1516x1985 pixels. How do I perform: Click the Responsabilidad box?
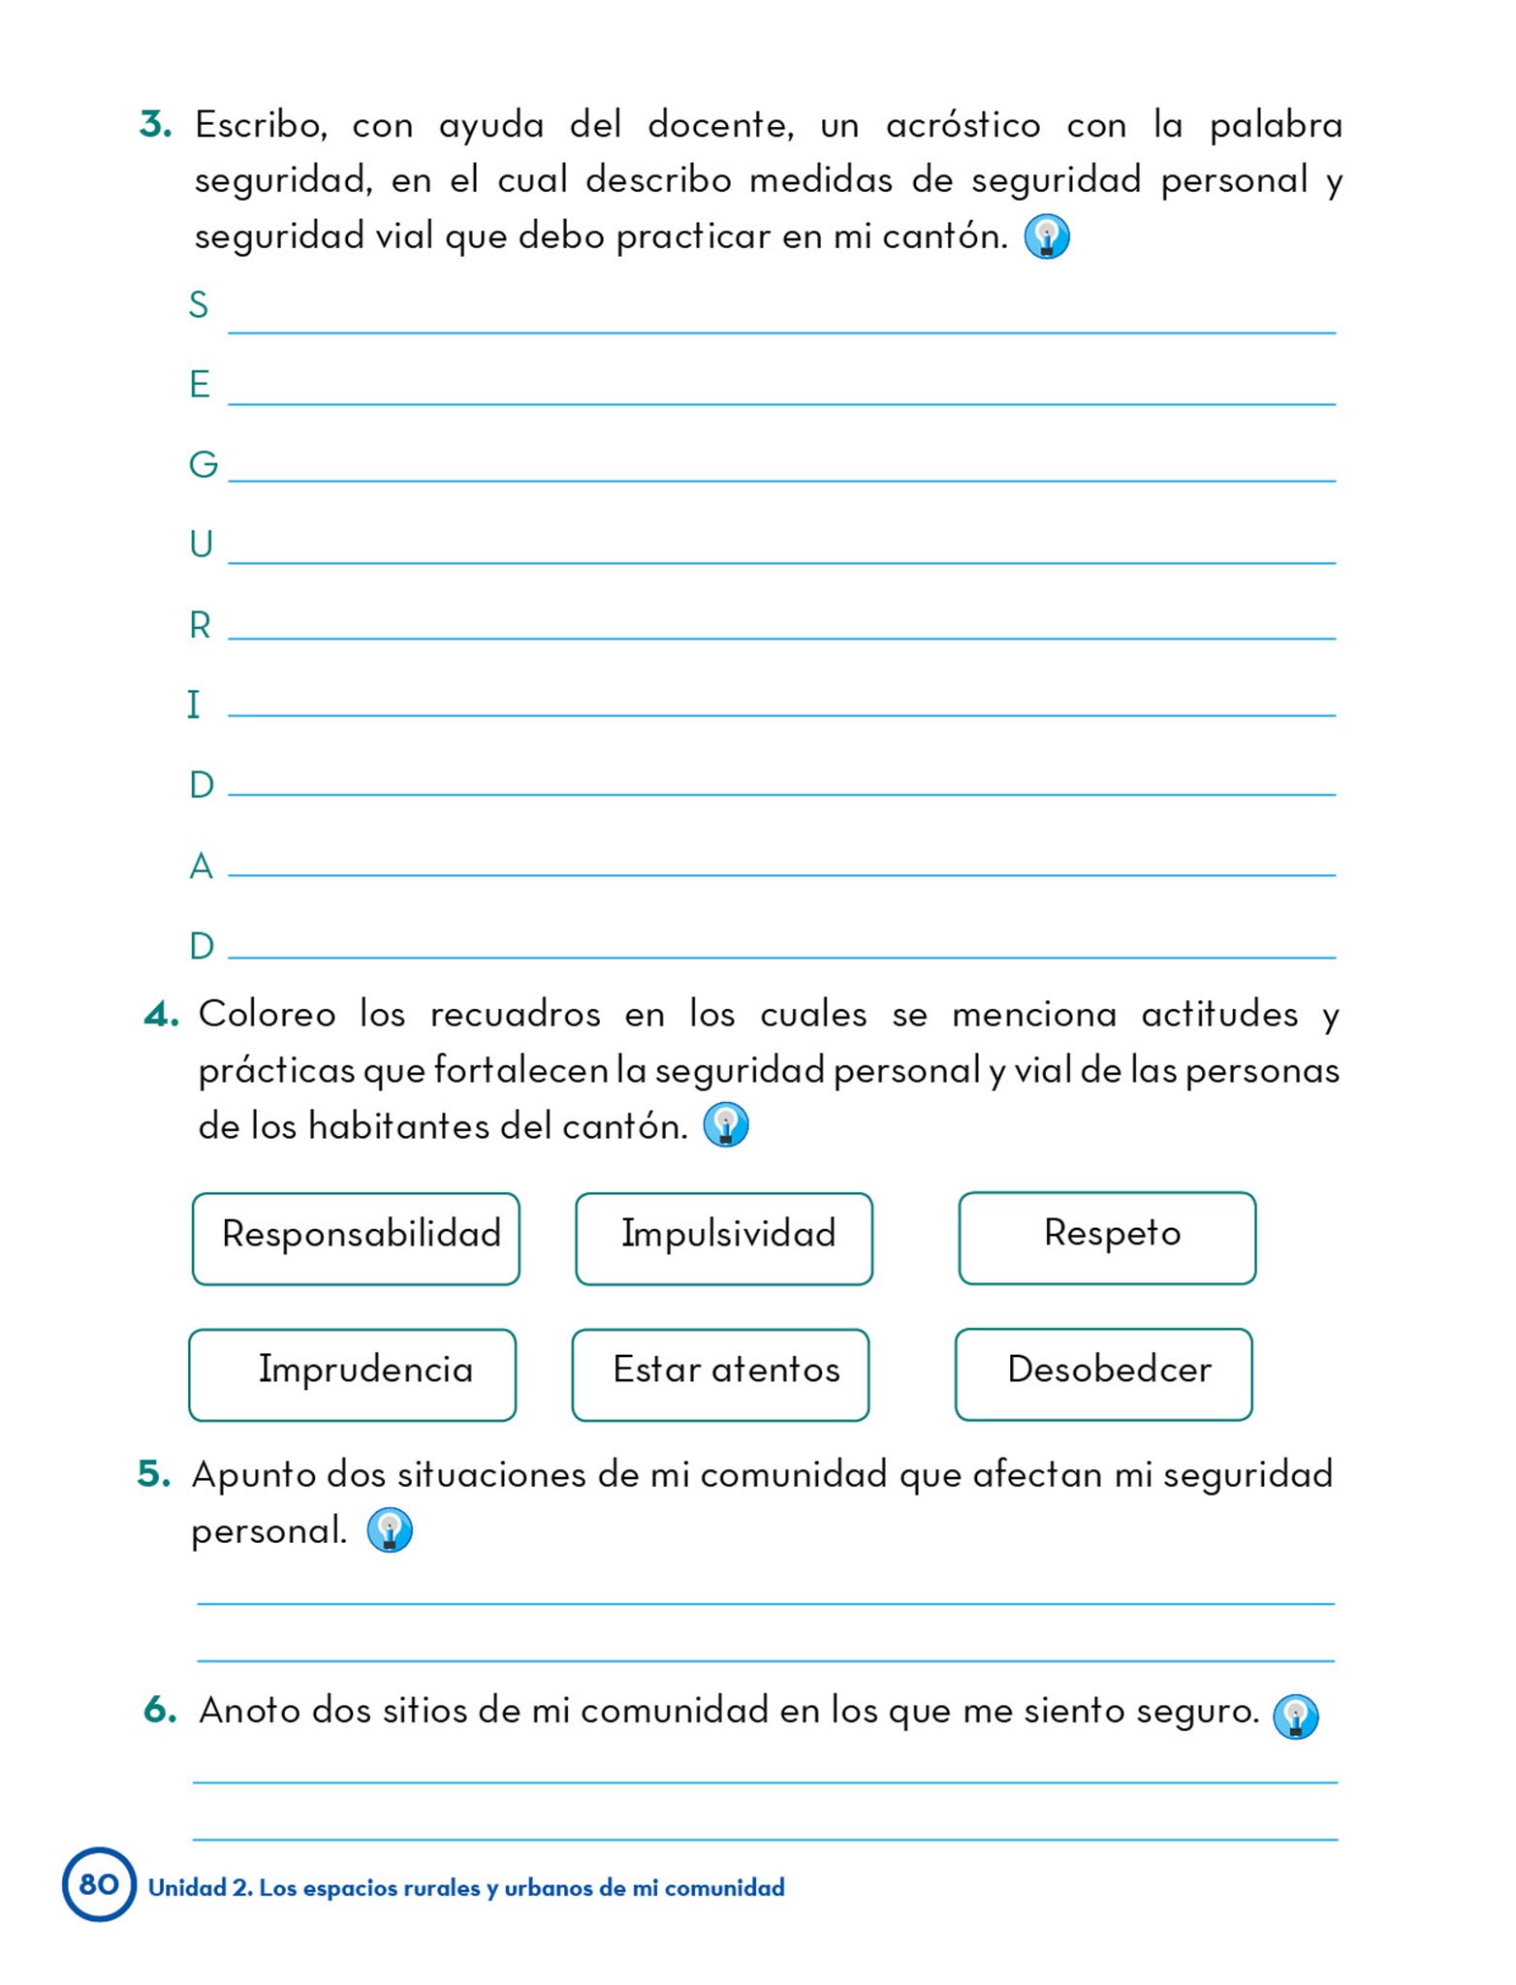click(x=356, y=1238)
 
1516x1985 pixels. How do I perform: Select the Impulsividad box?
click(x=723, y=1238)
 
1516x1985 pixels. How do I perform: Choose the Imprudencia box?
click(x=352, y=1373)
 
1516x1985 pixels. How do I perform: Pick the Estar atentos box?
click(x=720, y=1373)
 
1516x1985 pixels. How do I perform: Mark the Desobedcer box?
click(x=1103, y=1373)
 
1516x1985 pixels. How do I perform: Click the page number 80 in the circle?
click(x=99, y=1883)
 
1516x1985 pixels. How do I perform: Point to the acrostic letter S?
click(x=199, y=305)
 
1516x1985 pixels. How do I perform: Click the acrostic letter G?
click(x=203, y=465)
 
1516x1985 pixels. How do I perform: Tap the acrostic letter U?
click(x=201, y=545)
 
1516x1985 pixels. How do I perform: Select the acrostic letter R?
click(x=200, y=625)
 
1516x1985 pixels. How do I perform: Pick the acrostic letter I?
click(x=194, y=705)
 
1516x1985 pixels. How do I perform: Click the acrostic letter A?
click(x=201, y=866)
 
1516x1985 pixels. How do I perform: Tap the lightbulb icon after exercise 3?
click(x=1047, y=236)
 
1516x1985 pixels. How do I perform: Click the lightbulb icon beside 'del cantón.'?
click(x=726, y=1125)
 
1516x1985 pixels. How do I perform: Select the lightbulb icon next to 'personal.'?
click(x=390, y=1530)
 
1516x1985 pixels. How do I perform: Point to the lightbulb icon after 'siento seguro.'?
click(x=1295, y=1717)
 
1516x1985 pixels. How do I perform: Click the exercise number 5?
click(x=154, y=1474)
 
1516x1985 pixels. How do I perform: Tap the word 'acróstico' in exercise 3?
click(x=963, y=126)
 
